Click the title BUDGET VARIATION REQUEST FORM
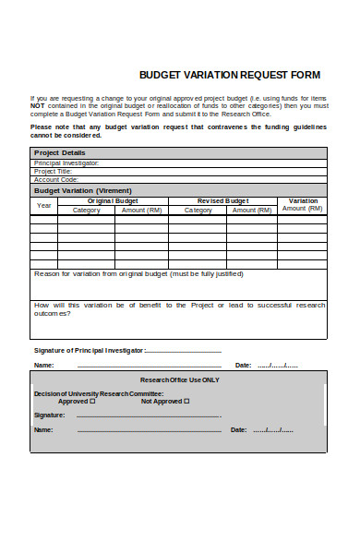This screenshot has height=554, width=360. pyautogui.click(x=229, y=74)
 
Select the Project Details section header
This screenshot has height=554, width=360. pyautogui.click(x=59, y=152)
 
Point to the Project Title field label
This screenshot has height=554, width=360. pyautogui.click(x=53, y=171)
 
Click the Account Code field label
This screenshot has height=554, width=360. pyautogui.click(x=55, y=179)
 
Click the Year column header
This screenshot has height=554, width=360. pyautogui.click(x=43, y=205)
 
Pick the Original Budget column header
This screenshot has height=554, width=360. pyautogui.click(x=114, y=200)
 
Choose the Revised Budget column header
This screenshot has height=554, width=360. pyautogui.click(x=223, y=200)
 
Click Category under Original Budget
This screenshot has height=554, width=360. pyautogui.click(x=86, y=211)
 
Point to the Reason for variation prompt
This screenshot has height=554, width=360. pyautogui.click(x=138, y=273)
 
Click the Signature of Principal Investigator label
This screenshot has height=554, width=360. pyautogui.click(x=90, y=351)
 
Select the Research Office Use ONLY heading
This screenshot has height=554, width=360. pyautogui.click(x=179, y=379)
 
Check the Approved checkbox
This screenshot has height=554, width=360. pyautogui.click(x=94, y=402)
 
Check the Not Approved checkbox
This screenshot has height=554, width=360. pyautogui.click(x=186, y=402)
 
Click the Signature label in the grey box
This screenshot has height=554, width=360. pyautogui.click(x=49, y=415)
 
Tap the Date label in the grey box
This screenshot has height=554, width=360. pyautogui.click(x=238, y=429)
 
